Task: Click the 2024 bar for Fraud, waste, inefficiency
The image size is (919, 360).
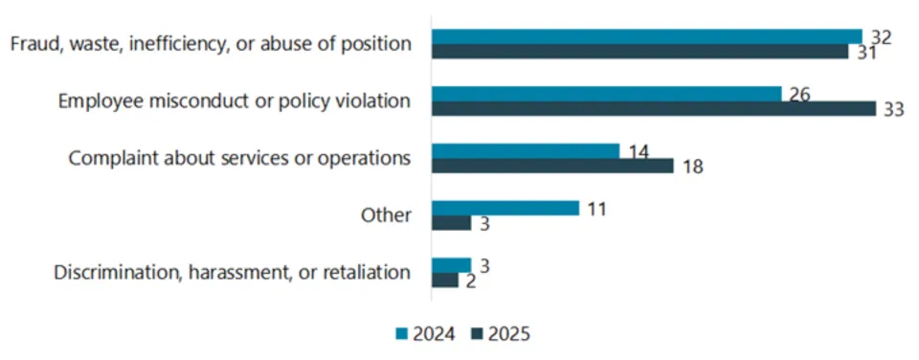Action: pos(646,36)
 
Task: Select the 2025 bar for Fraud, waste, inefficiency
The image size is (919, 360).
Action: pos(639,51)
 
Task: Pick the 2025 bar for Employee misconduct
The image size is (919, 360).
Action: pos(653,108)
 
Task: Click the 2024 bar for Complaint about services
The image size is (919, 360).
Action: pos(526,151)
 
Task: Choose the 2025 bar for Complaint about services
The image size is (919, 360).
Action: pos(552,166)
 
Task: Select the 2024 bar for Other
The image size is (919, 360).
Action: pos(505,208)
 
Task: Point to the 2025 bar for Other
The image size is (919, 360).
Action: pos(451,222)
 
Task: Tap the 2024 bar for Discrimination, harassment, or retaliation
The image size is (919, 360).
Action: pos(451,265)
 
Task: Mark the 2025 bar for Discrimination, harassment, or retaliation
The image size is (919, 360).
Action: pos(445,280)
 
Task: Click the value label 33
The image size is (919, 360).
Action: pos(893,110)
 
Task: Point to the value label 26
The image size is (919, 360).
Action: pos(799,95)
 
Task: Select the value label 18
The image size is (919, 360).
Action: pos(693,167)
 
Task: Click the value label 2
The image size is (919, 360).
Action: pos(469,281)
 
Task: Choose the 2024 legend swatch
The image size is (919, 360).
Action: pos(401,334)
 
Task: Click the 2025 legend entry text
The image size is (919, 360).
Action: pos(508,334)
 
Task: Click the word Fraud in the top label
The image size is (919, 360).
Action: pos(31,44)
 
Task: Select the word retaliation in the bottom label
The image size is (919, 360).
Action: pos(368,273)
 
